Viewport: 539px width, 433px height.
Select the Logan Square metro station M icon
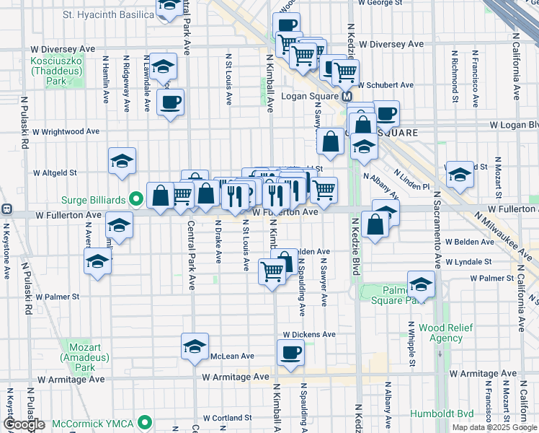(347, 96)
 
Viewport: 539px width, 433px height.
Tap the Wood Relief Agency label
(445, 333)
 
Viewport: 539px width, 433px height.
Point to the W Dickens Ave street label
(309, 335)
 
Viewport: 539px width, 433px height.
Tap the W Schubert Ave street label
(386, 85)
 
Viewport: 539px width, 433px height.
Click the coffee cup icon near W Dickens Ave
(291, 353)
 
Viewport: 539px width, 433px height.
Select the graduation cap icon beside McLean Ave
(195, 347)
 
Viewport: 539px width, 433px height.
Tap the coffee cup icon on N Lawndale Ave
(170, 102)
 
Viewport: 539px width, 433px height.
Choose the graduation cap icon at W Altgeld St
(122, 161)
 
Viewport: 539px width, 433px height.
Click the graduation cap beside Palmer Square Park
(421, 284)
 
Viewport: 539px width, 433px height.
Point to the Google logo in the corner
(24, 425)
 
